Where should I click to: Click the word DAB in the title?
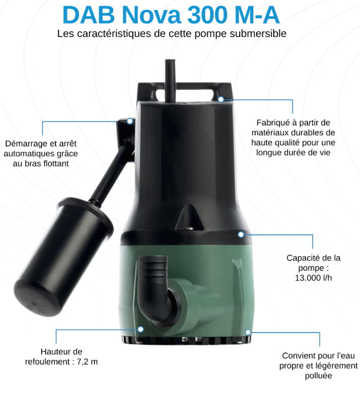[88, 15]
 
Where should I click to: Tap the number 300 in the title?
[207, 15]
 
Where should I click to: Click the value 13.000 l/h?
[313, 277]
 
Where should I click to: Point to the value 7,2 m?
[87, 362]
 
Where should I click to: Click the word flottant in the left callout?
[56, 163]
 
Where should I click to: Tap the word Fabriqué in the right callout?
[273, 123]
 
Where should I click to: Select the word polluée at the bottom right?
[318, 376]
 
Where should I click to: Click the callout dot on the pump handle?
[221, 99]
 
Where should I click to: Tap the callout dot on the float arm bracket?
[130, 121]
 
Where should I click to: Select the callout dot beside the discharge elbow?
[140, 329]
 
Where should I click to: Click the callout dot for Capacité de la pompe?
[241, 234]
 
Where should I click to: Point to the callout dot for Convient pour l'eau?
[248, 332]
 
